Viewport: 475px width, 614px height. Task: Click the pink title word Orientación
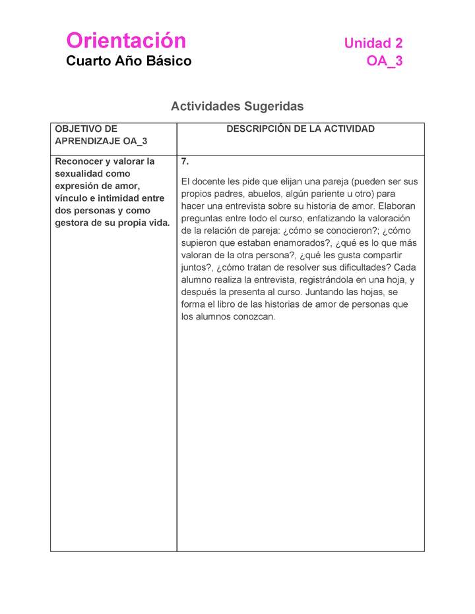tap(126, 41)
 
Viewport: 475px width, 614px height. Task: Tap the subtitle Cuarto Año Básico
tap(129, 61)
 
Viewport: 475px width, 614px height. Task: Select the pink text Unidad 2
tap(373, 43)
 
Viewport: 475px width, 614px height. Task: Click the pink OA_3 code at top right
tap(385, 61)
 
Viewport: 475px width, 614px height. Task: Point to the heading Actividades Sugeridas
tap(237, 106)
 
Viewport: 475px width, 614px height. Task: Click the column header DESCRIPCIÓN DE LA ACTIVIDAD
tap(300, 129)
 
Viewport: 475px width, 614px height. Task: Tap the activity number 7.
tap(185, 162)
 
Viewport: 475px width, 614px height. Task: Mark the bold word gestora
tap(74, 223)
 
